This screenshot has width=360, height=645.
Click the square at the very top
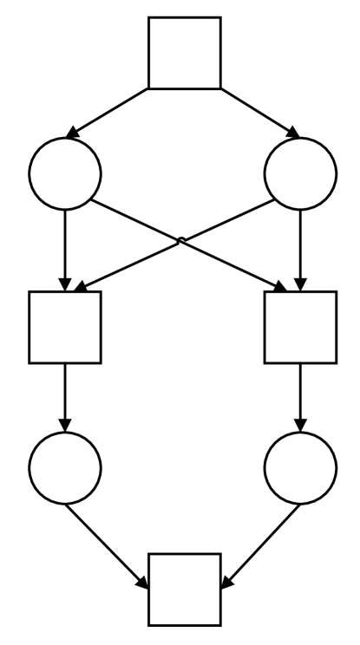184,52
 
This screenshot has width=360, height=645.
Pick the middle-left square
65,327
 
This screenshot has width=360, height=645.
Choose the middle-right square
299,327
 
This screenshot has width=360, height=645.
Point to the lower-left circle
65,467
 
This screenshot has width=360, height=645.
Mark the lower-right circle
299,467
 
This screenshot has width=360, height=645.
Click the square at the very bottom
184,589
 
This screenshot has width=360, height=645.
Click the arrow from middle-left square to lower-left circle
65,397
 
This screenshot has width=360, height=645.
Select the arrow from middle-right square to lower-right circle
299,397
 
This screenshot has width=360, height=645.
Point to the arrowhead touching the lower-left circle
65,425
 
